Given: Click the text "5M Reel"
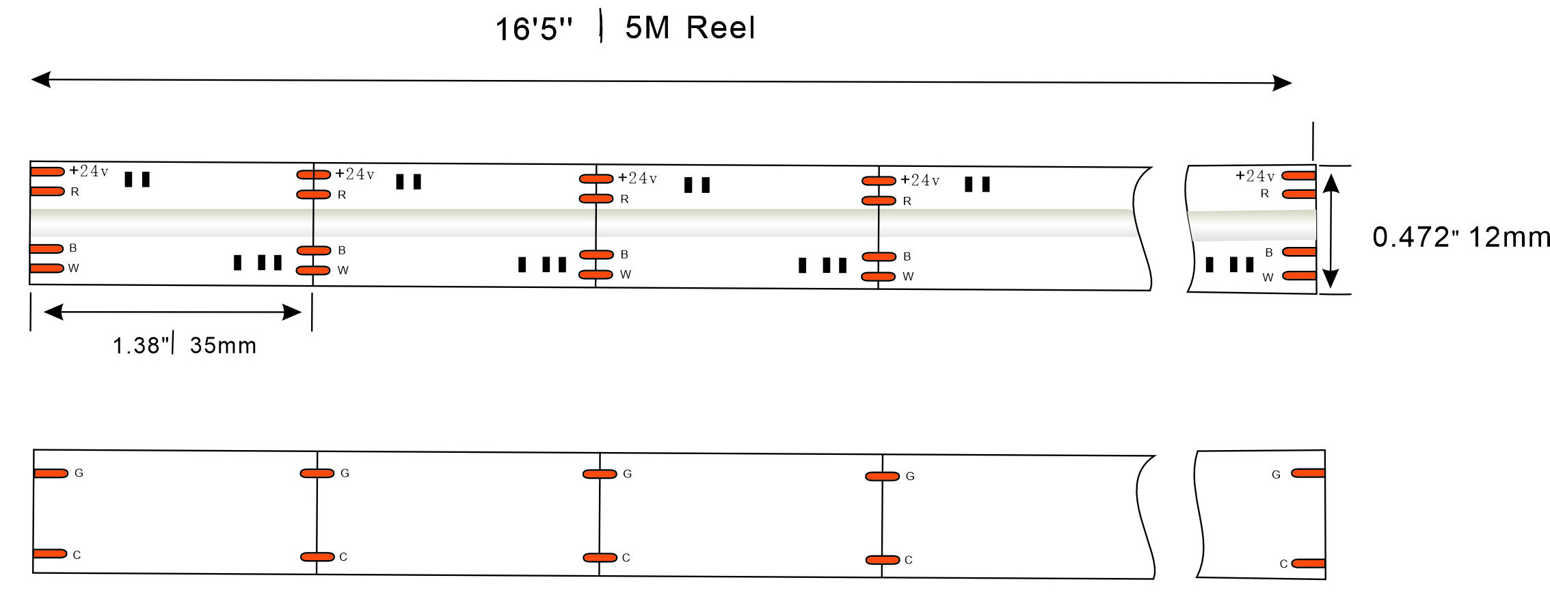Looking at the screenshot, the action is pos(690,28).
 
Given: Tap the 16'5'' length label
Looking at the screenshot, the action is pos(533,29).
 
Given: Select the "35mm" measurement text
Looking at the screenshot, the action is pos(223,345).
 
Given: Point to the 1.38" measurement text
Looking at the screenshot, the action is pos(141,345).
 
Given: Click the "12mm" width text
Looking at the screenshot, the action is pos(1508,237).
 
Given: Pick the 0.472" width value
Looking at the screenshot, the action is pos(1413,237).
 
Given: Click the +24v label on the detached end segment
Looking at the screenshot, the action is pos(1255,176).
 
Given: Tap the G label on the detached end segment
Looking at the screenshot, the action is pos(1276,475).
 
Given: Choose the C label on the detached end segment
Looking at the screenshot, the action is pos(1283,564).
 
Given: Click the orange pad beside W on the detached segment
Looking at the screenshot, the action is pos(1299,276).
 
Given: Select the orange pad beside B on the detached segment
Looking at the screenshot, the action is pos(1299,252).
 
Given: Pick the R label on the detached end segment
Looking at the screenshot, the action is pos(1265,194).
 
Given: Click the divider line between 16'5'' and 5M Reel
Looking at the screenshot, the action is pos(601,26).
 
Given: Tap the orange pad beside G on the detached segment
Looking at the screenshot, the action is pos(1308,473).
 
